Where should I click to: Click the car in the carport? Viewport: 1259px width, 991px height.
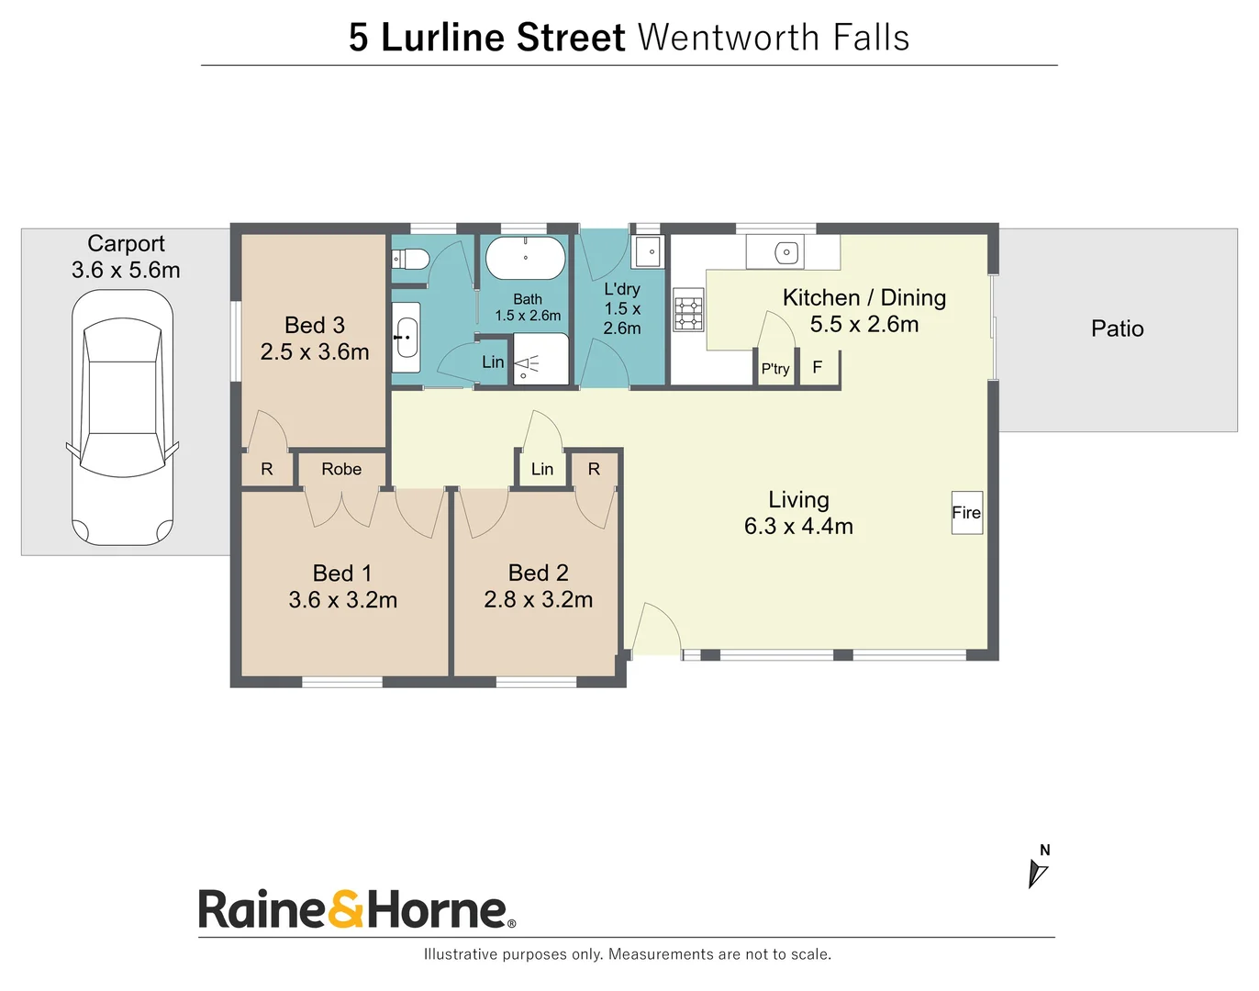pos(122,418)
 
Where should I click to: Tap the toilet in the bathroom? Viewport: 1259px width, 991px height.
pos(410,258)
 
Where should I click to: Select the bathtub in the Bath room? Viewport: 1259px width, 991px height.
pos(526,258)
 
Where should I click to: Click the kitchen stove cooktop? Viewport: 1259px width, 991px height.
pos(688,310)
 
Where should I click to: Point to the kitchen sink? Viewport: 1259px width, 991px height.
pos(786,252)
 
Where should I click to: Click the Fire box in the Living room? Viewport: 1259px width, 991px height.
pos(966,512)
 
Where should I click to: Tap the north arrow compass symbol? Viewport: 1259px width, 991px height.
pos(1037,874)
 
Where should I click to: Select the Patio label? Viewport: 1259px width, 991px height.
pos(1117,328)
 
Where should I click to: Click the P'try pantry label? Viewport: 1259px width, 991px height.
pos(775,369)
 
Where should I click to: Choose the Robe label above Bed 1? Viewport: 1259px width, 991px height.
pos(341,469)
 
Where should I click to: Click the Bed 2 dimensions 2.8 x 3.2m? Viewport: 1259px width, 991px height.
pos(539,599)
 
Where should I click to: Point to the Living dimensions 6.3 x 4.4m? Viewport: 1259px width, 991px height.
pos(798,526)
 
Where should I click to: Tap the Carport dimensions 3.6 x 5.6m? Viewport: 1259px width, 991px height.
pos(126,270)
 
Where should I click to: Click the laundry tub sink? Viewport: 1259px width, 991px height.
pos(649,251)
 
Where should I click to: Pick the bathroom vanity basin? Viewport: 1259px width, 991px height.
pos(406,338)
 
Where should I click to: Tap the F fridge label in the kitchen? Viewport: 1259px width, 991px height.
pos(818,367)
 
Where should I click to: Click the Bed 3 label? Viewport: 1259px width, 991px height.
pos(315,325)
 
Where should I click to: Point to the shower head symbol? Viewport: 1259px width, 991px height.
pos(527,365)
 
